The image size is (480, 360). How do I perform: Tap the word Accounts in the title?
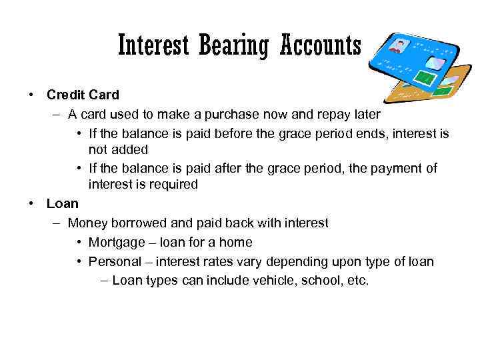click(x=320, y=45)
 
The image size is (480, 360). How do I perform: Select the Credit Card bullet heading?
click(x=83, y=95)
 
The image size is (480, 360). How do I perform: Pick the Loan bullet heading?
click(x=62, y=203)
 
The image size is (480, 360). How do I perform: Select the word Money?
click(x=87, y=223)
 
